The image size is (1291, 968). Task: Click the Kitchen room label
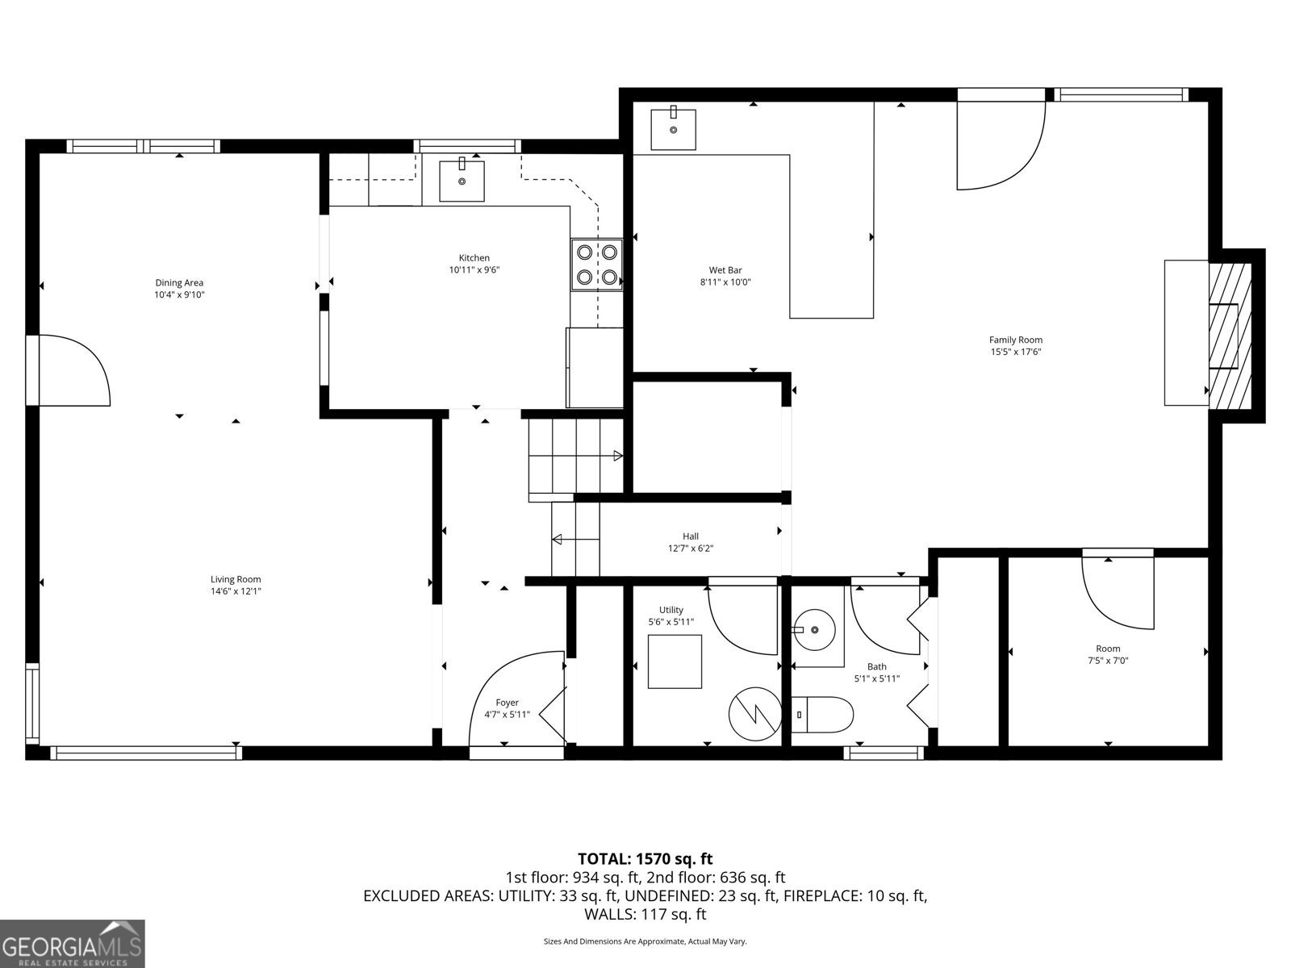click(x=474, y=258)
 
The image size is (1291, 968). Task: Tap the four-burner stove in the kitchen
click(x=597, y=265)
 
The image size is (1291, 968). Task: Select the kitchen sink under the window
click(x=462, y=181)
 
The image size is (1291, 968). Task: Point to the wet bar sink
click(x=673, y=128)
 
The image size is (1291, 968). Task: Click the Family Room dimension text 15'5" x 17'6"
click(x=1016, y=352)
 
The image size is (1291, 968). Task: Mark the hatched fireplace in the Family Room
click(x=1229, y=336)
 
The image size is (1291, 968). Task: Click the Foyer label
click(x=507, y=703)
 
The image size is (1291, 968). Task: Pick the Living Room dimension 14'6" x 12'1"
click(x=236, y=591)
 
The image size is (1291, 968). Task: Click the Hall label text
click(x=691, y=536)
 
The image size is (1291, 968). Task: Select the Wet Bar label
click(x=725, y=270)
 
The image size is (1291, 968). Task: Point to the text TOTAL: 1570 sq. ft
click(x=645, y=859)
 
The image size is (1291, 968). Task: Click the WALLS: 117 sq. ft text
click(x=645, y=914)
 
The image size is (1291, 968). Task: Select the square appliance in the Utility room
click(x=675, y=661)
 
